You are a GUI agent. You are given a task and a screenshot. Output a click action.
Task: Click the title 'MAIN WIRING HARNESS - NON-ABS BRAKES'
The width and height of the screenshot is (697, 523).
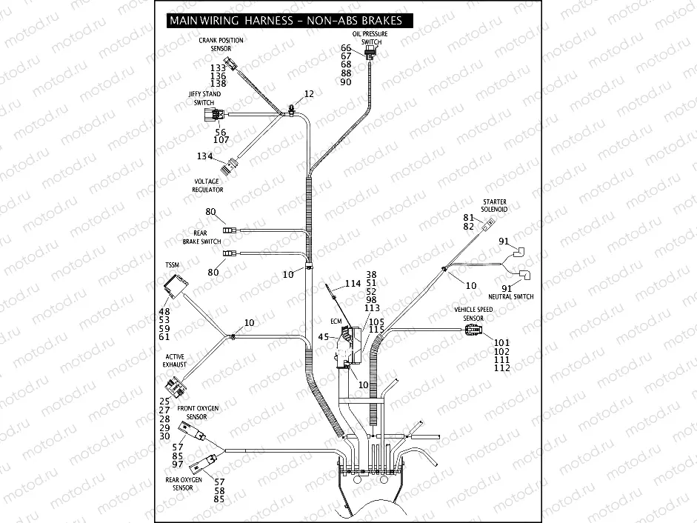coord(285,21)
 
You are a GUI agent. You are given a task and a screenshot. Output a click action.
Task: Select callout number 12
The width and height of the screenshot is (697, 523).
coord(309,94)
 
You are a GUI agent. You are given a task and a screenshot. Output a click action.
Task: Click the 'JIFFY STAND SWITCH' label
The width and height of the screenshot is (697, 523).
coord(204,99)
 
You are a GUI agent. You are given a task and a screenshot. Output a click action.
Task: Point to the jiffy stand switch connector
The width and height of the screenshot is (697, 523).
coord(213,114)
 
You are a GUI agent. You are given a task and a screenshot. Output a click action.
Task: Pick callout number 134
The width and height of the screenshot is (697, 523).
coord(204,156)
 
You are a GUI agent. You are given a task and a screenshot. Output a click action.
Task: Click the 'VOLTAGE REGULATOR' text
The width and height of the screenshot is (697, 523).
coord(208,185)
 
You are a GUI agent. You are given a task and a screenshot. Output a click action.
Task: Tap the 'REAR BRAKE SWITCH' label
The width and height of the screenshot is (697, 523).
coord(201,237)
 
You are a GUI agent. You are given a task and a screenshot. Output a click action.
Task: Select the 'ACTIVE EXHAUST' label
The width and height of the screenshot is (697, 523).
coord(175,361)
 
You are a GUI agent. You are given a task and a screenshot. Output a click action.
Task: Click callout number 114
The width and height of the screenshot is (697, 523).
coord(353,284)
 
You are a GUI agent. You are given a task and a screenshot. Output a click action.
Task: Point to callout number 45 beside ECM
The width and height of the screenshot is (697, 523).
coord(324,337)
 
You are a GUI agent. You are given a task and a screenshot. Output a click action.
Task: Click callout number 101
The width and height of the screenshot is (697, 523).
coord(501,342)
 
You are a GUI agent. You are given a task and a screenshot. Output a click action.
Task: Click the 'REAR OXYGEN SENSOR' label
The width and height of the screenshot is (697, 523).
coord(184,484)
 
